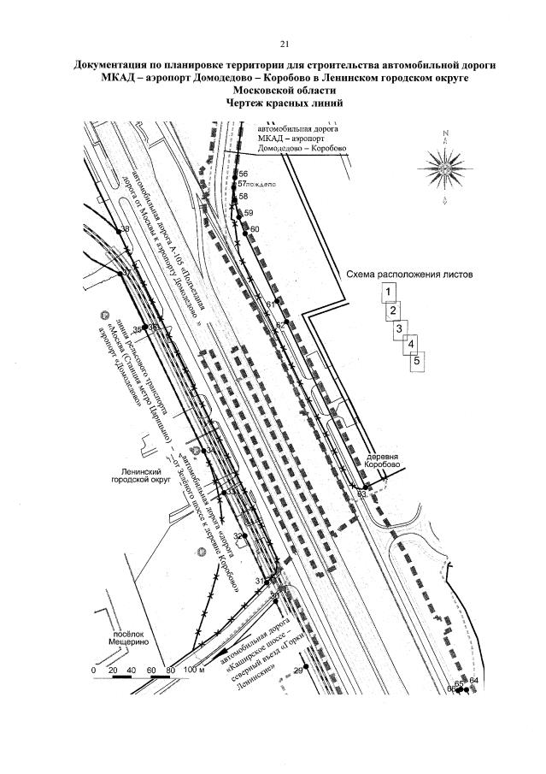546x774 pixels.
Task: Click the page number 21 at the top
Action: pos(285,44)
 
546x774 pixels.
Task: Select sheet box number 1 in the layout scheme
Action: pos(389,292)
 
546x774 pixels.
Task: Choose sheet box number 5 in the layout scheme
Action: pos(417,361)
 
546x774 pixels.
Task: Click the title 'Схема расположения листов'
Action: pos(409,275)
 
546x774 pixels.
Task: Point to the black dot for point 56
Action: pos(236,174)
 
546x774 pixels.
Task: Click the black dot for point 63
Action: pos(358,493)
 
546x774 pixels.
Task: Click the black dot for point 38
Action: pos(118,230)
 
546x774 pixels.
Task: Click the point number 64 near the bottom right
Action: pos(474,680)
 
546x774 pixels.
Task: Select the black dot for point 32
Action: pos(244,536)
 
